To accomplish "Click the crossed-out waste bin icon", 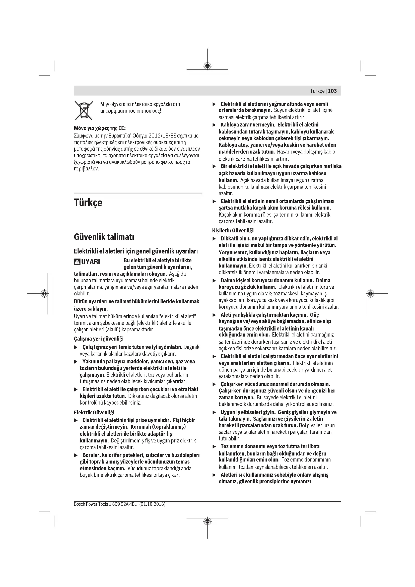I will click(x=84, y=110).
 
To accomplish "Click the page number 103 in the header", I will click(x=332, y=91).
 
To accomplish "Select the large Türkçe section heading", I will click(x=88, y=203).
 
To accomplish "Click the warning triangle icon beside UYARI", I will click(x=77, y=262).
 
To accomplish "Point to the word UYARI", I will click(x=91, y=262).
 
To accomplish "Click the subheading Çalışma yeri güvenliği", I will click(x=99, y=339).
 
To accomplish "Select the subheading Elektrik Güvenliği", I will click(x=94, y=412).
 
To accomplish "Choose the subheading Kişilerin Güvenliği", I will click(x=233, y=231).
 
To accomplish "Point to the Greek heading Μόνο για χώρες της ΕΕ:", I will click(x=100, y=128).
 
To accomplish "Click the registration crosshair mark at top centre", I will click(x=208, y=66).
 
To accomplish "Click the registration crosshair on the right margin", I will click(x=371, y=294).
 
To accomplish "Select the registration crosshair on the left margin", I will click(x=44, y=294).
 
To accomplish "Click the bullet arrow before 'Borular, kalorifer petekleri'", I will click(x=76, y=455).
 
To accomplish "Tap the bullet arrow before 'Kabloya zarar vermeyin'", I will click(x=214, y=125).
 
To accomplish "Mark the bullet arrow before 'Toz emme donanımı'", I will click(x=214, y=447).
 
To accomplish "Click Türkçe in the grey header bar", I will click(x=317, y=91).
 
